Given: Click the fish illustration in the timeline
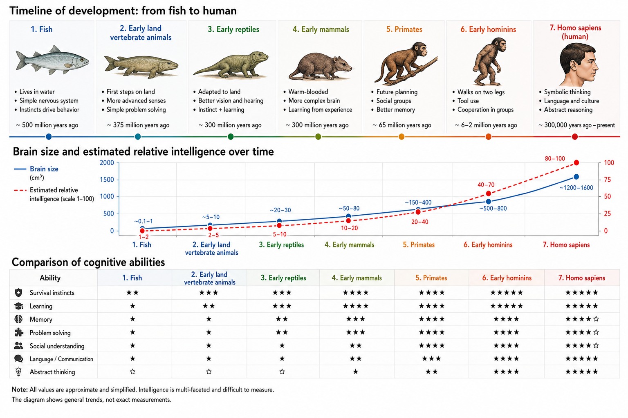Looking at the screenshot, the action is pyautogui.click(x=52, y=61).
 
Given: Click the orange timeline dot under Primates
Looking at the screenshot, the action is pyautogui.click(x=401, y=137).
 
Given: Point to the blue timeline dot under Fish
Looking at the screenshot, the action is pyautogui.click(x=49, y=137).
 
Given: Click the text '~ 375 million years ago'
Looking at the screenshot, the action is pyautogui.click(x=138, y=125).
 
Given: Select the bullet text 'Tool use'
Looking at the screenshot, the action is pyautogui.click(x=468, y=101).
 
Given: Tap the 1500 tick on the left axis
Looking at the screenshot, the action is pyautogui.click(x=107, y=180).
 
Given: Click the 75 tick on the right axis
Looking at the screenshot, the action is pyautogui.click(x=607, y=180).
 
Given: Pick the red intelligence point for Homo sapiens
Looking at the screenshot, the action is pyautogui.click(x=576, y=162).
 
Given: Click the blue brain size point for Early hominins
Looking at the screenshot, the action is pyautogui.click(x=489, y=202).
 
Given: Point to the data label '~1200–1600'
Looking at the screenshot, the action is pyautogui.click(x=576, y=188).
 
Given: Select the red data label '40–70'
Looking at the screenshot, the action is pyautogui.click(x=486, y=185).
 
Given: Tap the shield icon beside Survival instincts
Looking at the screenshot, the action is pyautogui.click(x=18, y=293).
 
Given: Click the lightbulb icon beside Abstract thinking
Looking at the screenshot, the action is pyautogui.click(x=18, y=371).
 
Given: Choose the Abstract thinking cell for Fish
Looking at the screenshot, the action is pyautogui.click(x=132, y=371).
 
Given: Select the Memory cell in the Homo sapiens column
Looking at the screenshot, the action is pyautogui.click(x=582, y=319).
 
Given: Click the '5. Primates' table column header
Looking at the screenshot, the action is pyautogui.click(x=431, y=278).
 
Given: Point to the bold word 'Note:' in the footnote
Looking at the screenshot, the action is pyautogui.click(x=20, y=389).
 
